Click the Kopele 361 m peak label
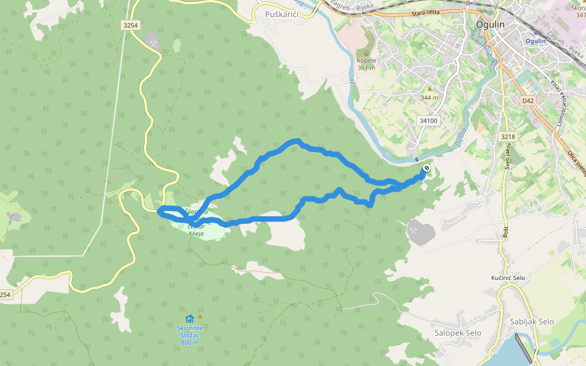366,64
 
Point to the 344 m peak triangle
429,89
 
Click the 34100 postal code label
429,121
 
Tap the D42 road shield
528,101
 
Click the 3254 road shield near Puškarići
131,25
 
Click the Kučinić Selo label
508,278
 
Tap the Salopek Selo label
458,333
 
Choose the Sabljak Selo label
532,321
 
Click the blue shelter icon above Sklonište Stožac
189,318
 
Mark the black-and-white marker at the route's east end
426,168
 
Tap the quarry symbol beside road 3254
152,41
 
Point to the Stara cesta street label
425,13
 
